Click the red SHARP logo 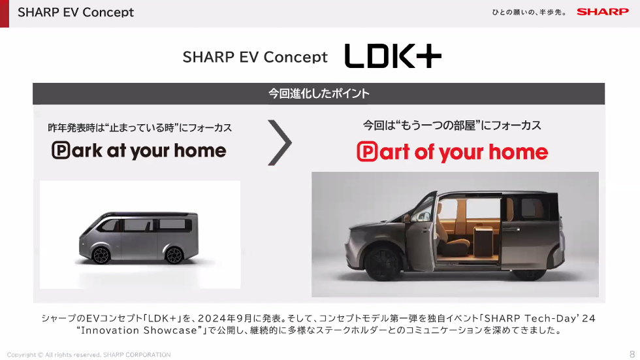pos(602,12)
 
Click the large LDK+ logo pos(393,56)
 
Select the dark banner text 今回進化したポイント pos(319,93)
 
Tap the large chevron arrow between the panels pos(280,142)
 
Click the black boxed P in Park pos(61,150)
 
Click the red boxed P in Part pos(367,152)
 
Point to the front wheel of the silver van pos(101,255)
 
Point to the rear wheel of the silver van pos(174,255)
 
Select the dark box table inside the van pos(484,241)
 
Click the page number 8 pos(632,354)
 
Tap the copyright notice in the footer pos(89,355)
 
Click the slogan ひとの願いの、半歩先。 pos(529,12)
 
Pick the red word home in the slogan pos(519,152)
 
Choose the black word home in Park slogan pos(200,150)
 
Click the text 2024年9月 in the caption pos(225,318)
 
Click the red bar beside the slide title pos(5,14)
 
